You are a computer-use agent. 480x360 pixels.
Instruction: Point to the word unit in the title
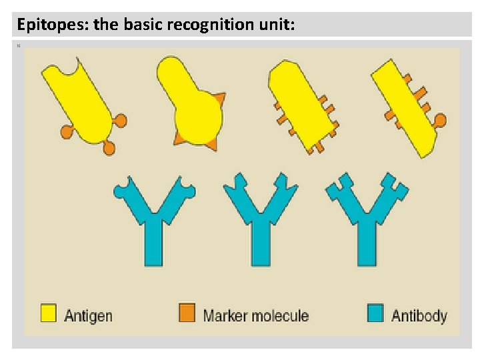276,25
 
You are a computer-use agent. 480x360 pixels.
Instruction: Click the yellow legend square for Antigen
48,313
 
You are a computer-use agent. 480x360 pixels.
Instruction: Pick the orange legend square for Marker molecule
187,313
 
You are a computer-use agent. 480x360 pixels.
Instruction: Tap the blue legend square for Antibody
375,313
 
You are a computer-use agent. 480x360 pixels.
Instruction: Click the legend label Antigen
88,315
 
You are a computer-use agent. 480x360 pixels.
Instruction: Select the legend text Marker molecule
255,315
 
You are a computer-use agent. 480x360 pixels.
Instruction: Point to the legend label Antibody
419,315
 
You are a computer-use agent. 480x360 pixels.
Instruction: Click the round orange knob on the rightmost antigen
439,120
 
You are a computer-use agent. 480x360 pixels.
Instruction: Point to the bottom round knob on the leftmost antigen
109,148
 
